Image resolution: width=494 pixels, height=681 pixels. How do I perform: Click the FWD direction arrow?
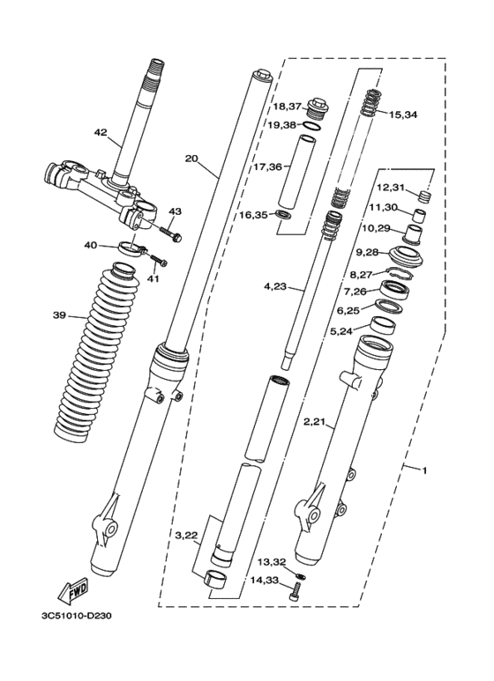73,591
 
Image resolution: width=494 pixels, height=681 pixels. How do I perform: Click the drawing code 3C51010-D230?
73,617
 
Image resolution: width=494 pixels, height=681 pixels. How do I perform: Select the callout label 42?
101,132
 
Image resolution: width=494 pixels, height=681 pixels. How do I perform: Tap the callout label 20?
191,159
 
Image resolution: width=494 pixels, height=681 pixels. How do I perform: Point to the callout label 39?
59,315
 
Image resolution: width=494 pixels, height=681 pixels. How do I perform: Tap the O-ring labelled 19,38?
311,126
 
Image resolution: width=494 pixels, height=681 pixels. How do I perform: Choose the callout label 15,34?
404,115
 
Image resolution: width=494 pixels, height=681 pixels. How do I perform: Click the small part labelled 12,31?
425,197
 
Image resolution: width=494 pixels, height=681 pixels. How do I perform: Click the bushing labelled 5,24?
383,326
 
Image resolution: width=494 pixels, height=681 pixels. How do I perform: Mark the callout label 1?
425,470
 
